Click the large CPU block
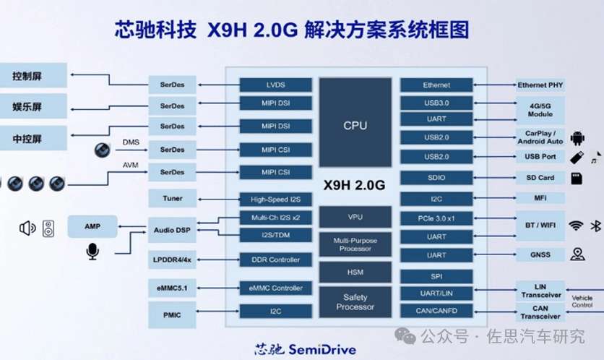pyautogui.click(x=355, y=122)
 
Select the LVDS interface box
pyautogui.click(x=275, y=85)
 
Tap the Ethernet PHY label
pyautogui.click(x=540, y=85)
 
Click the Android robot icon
pyautogui.click(x=577, y=138)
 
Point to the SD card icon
pyautogui.click(x=577, y=179)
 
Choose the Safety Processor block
pyautogui.click(x=355, y=301)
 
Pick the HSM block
pyautogui.click(x=355, y=272)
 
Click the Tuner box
pyautogui.click(x=172, y=199)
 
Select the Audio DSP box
pyautogui.click(x=172, y=230)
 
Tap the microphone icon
pyautogui.click(x=92, y=252)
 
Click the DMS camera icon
pyautogui.click(x=102, y=150)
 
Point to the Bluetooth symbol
pyautogui.click(x=595, y=226)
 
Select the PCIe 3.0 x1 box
pyautogui.click(x=436, y=218)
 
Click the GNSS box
pyautogui.click(x=540, y=254)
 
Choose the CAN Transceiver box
pyautogui.click(x=540, y=312)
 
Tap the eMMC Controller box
pyautogui.click(x=275, y=288)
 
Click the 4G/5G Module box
pyautogui.click(x=540, y=110)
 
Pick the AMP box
pyautogui.click(x=92, y=226)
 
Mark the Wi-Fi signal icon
pyautogui.click(x=576, y=226)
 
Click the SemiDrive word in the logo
pyautogui.click(x=322, y=350)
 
